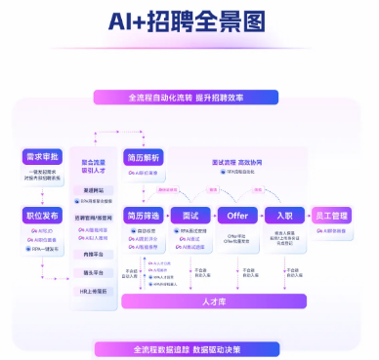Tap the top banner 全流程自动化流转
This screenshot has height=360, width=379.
tap(189, 98)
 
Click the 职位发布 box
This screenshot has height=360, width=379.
tap(43, 214)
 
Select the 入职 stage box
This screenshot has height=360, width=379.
tap(284, 214)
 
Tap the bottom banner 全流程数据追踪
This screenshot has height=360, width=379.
tap(189, 347)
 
